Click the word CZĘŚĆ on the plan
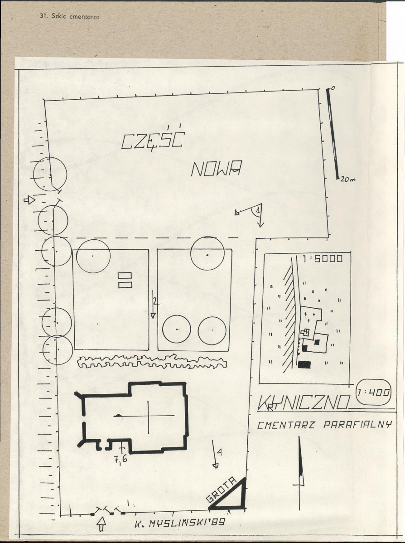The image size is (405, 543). (x=153, y=139)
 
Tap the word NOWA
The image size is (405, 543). (x=216, y=168)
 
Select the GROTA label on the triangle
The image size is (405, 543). (x=221, y=489)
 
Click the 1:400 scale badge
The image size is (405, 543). (x=373, y=393)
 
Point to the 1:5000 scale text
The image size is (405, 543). (x=322, y=259)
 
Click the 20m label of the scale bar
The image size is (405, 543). (x=348, y=179)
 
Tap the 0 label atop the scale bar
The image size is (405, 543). (x=333, y=88)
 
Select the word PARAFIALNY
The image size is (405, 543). (x=357, y=425)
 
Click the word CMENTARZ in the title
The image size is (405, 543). (x=286, y=425)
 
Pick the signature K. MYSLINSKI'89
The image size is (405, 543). (x=180, y=523)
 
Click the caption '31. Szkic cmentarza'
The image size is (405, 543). (x=70, y=16)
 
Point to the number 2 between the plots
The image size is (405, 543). (x=155, y=301)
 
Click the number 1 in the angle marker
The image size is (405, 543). (x=257, y=210)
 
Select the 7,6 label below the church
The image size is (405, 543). (x=121, y=459)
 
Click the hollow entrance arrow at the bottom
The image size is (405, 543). (x=101, y=524)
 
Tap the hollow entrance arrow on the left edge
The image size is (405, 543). (x=29, y=200)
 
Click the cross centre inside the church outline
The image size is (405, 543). (x=149, y=415)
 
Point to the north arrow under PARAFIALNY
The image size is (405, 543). (x=300, y=473)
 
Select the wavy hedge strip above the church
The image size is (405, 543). (x=152, y=361)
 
